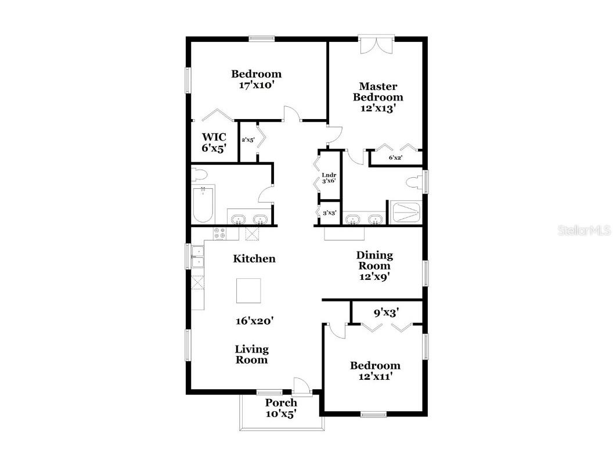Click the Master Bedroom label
pyautogui.click(x=378, y=92)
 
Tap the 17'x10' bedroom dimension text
pyautogui.click(x=256, y=85)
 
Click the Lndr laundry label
pyautogui.click(x=329, y=175)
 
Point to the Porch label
pyautogui.click(x=281, y=402)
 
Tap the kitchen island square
pyautogui.click(x=248, y=290)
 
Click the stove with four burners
pyautogui.click(x=219, y=233)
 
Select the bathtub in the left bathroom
pyautogui.click(x=203, y=204)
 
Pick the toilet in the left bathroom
pyautogui.click(x=199, y=174)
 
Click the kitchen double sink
pyautogui.click(x=198, y=256)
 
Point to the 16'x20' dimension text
pyautogui.click(x=254, y=320)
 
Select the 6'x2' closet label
pyautogui.click(x=395, y=157)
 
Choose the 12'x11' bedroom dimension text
pyautogui.click(x=374, y=376)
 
